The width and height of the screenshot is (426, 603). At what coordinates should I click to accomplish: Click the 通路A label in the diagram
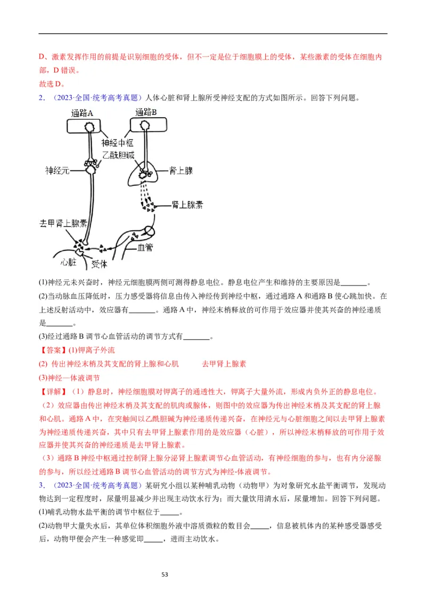pyautogui.click(x=83, y=113)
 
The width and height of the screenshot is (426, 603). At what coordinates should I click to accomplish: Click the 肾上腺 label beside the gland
pyautogui.click(x=181, y=170)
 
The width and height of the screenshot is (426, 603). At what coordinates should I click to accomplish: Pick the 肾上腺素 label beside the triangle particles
pyautogui.click(x=187, y=205)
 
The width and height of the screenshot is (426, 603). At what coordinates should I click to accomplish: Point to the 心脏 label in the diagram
pyautogui.click(x=69, y=262)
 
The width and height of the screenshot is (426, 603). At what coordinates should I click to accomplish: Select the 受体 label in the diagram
pyautogui.click(x=99, y=264)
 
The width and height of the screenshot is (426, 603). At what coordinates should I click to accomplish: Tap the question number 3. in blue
pyautogui.click(x=42, y=485)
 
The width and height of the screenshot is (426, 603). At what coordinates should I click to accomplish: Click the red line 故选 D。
pyautogui.click(x=52, y=84)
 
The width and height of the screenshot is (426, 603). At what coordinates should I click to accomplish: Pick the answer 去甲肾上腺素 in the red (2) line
pyautogui.click(x=224, y=364)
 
